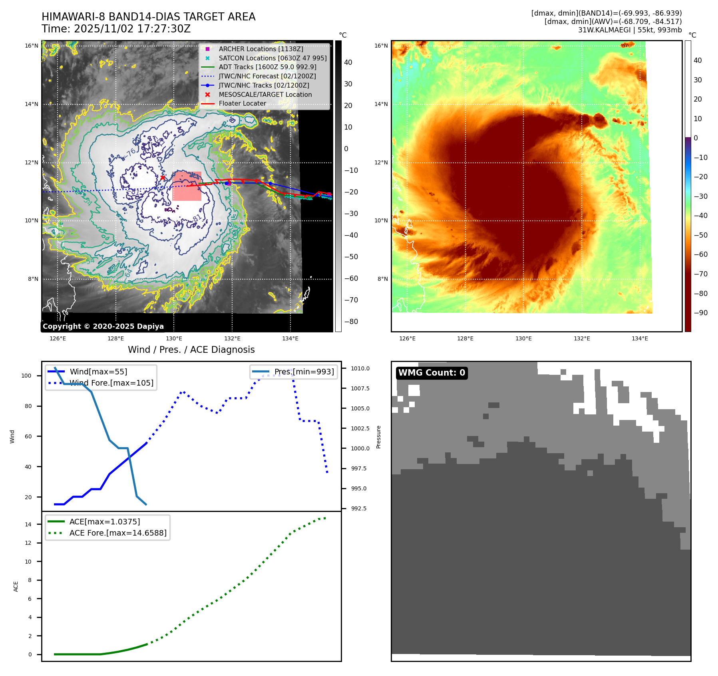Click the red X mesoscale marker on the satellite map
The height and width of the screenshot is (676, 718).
point(163,178)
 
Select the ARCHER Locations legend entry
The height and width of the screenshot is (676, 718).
point(261,49)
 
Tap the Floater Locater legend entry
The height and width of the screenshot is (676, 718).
point(242,103)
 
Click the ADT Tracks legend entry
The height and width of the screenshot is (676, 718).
point(267,67)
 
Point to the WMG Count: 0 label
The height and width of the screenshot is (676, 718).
point(432,373)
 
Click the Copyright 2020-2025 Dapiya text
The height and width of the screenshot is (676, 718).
point(103,326)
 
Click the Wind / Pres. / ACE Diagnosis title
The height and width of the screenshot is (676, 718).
point(191,350)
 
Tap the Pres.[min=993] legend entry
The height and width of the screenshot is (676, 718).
point(304,372)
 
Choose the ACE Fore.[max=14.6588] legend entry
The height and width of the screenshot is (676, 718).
point(118,533)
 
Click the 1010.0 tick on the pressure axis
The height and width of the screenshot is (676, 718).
point(360,368)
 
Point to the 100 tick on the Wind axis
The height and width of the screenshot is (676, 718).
point(26,376)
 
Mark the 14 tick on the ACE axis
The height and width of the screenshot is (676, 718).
point(28,524)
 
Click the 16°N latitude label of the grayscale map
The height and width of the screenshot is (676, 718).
point(32,46)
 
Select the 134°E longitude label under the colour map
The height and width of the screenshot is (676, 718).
point(640,339)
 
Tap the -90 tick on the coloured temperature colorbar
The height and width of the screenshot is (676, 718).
point(700,313)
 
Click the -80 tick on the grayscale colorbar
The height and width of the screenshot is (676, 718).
point(351,322)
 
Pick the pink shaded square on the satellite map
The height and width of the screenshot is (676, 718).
point(187,186)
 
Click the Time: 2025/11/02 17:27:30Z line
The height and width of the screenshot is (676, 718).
point(116,29)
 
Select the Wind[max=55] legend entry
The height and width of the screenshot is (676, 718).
point(98,372)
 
